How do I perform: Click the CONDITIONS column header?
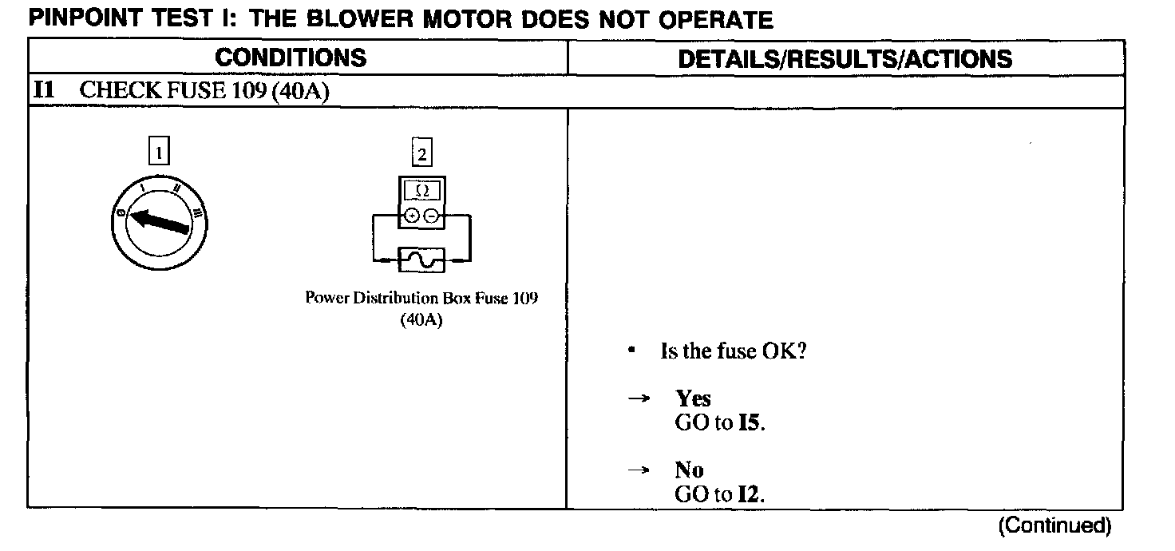[291, 58]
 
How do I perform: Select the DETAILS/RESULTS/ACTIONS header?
[845, 58]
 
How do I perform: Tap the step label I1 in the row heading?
[43, 91]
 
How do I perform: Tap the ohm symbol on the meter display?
[422, 192]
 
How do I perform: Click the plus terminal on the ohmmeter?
[412, 215]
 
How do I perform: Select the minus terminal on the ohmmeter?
[431, 215]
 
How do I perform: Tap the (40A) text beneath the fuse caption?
[421, 320]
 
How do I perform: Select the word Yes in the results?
[693, 398]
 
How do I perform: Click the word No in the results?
[689, 470]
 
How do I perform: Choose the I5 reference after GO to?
[750, 423]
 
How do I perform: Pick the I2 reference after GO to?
[750, 495]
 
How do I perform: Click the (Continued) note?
[1054, 525]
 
